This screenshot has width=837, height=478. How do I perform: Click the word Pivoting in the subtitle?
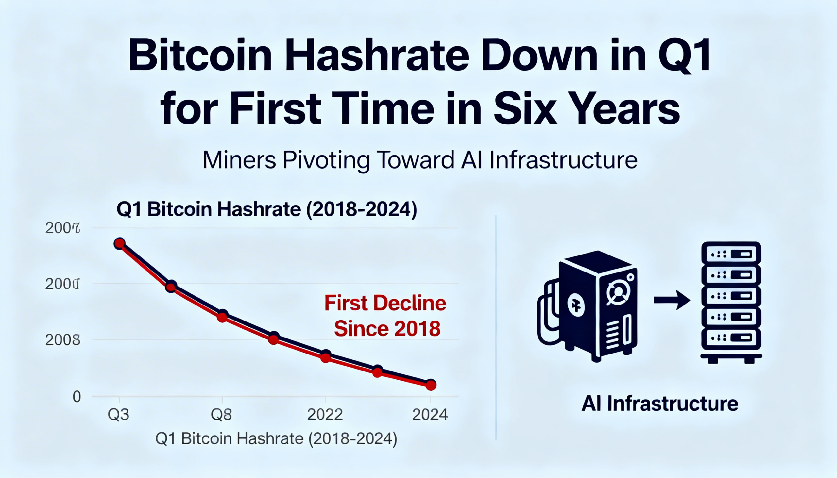pos(326,160)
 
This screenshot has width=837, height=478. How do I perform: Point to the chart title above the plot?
pos(267,209)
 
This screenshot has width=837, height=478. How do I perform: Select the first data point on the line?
pos(119,243)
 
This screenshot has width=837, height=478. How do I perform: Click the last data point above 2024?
pos(431,385)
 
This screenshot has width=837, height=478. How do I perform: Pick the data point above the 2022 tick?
pos(326,356)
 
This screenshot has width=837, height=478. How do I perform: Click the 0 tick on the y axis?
pos(77,397)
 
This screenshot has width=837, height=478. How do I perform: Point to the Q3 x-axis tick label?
pos(119,415)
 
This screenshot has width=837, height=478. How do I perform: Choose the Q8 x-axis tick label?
pos(221,415)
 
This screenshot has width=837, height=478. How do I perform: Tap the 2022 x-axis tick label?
pos(325,415)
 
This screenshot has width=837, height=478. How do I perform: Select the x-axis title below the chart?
pos(276,439)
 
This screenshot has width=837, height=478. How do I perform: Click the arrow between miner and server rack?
pos(672,300)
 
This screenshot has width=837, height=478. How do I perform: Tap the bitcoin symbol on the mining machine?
pos(576,306)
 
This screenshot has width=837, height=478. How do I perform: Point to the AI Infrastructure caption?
pos(659,404)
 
